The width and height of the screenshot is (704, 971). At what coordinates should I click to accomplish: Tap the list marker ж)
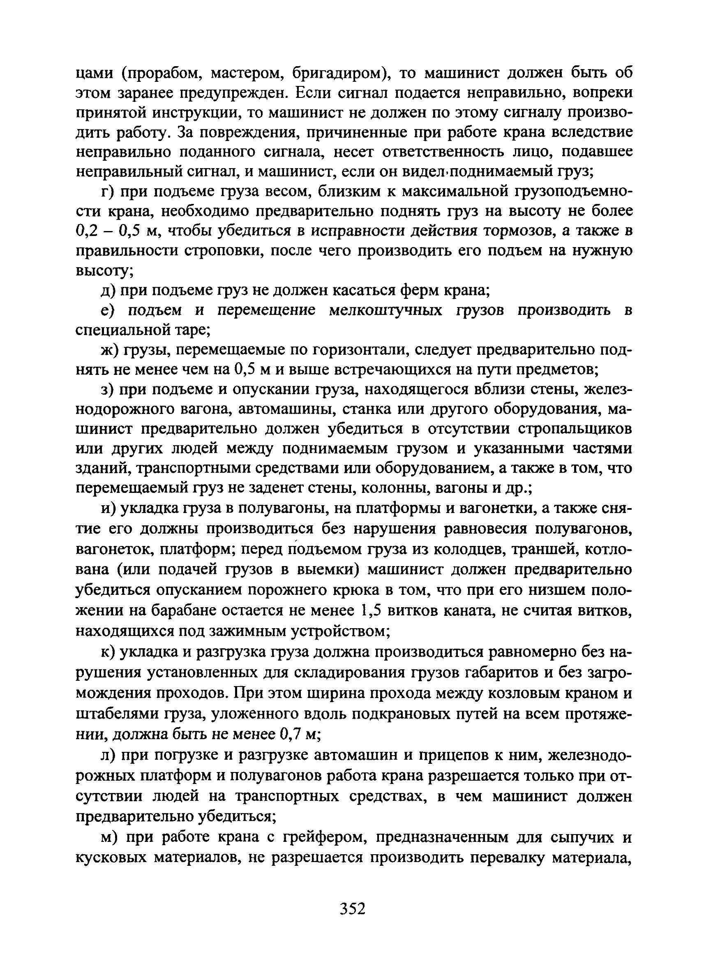110,350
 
